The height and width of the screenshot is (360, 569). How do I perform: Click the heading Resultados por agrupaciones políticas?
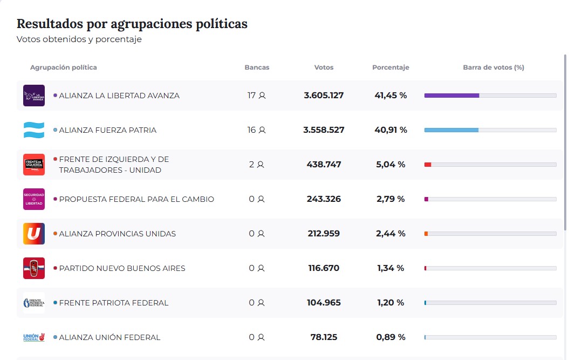[132, 24]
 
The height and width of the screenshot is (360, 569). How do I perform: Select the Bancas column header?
[257, 67]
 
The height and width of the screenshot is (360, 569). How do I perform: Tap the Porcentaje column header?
[390, 67]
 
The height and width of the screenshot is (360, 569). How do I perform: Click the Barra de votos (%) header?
[493, 67]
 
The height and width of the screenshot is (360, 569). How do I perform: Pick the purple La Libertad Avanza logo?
[34, 96]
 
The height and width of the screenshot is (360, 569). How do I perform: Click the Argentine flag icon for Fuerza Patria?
[34, 130]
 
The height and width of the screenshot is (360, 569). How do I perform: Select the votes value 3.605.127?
[324, 96]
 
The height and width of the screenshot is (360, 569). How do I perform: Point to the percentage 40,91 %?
[390, 130]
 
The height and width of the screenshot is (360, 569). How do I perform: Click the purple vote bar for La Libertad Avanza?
[451, 96]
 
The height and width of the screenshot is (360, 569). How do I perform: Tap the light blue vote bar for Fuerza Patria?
[451, 130]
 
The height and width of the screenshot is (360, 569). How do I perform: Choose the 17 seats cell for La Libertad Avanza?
[256, 96]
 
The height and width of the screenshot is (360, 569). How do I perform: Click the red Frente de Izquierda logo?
[34, 165]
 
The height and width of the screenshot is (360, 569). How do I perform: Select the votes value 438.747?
[324, 165]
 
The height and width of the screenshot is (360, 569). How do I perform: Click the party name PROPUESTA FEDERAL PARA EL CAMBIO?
[136, 199]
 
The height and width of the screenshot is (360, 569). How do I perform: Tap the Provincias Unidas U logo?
[34, 234]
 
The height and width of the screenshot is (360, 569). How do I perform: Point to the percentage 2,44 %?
[390, 234]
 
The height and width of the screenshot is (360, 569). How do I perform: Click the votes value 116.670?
[324, 268]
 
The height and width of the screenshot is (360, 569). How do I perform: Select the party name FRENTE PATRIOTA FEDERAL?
[113, 303]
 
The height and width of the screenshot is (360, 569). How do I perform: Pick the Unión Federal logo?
[34, 337]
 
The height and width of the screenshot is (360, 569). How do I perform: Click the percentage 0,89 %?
[390, 337]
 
